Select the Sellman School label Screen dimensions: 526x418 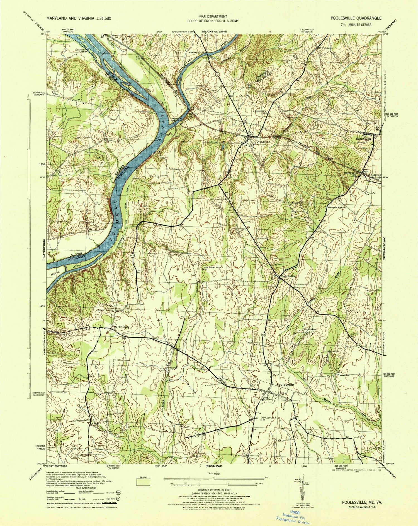(x=336, y=207)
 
